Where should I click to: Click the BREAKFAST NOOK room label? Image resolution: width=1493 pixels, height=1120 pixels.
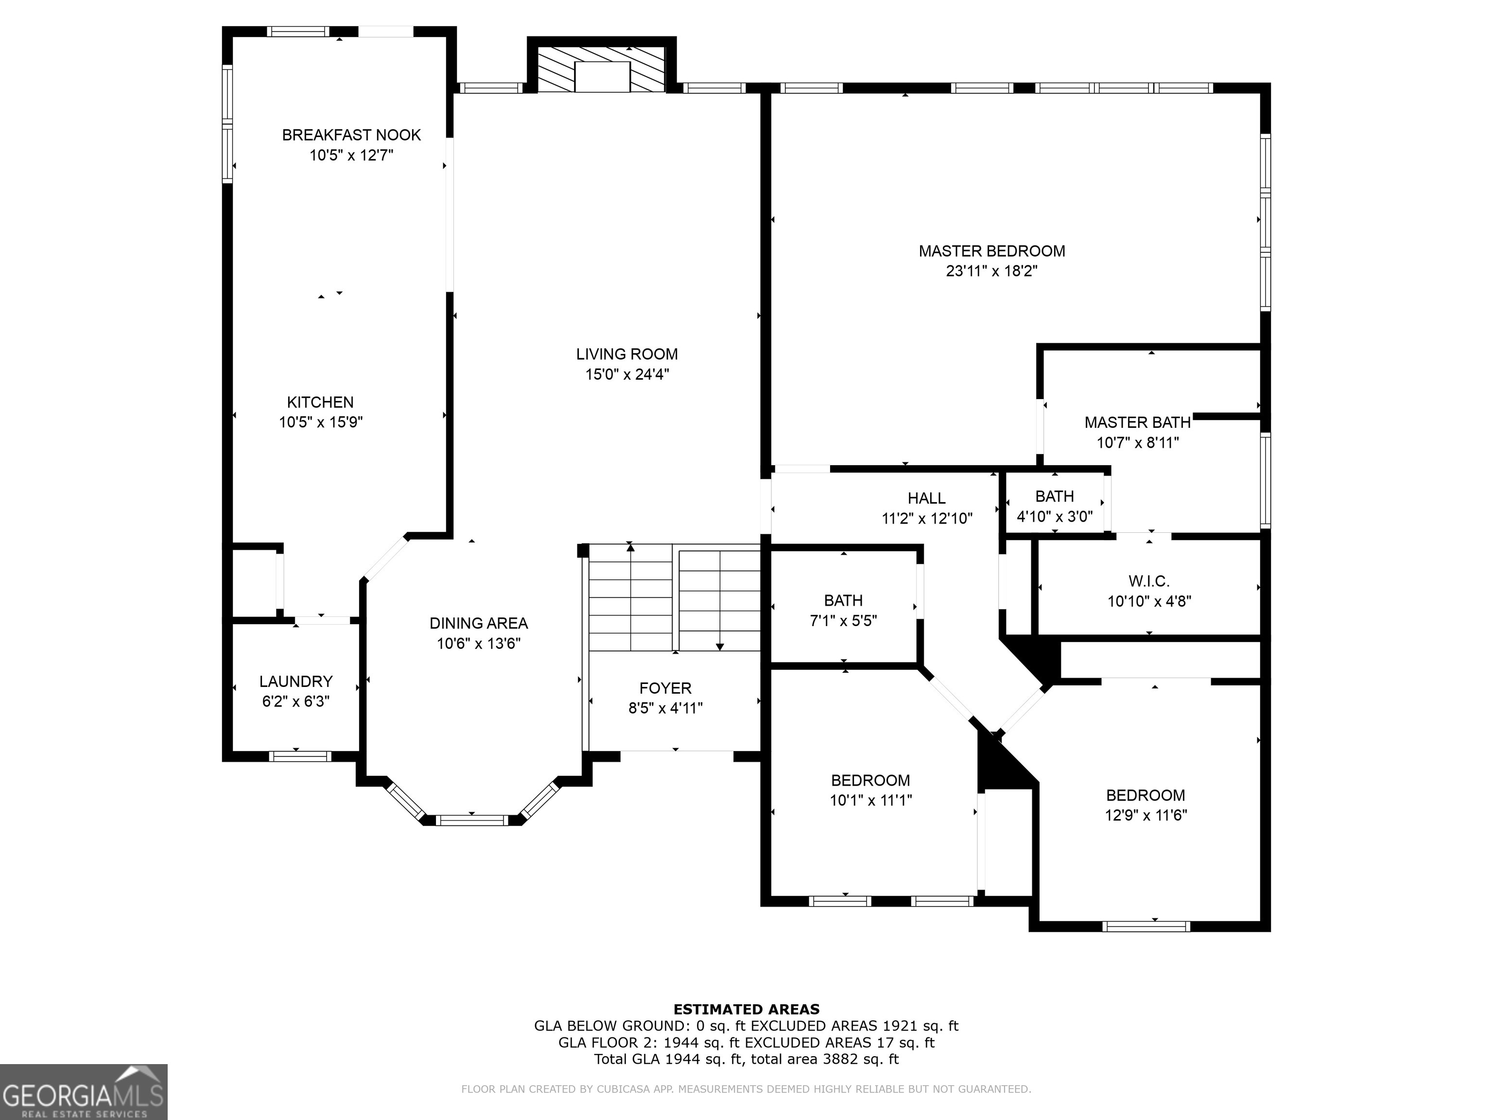[351, 135]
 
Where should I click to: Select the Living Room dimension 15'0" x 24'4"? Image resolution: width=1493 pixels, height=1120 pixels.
[626, 374]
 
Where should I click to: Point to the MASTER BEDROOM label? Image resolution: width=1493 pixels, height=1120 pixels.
[991, 251]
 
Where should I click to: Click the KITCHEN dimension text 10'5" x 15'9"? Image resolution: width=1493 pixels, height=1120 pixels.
[321, 422]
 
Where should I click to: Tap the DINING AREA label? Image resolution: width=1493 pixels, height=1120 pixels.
[479, 623]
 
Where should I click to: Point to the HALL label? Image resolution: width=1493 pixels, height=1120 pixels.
[926, 498]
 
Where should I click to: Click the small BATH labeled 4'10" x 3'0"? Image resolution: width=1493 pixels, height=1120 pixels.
[1054, 507]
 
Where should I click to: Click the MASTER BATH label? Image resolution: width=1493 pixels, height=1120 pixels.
[1137, 422]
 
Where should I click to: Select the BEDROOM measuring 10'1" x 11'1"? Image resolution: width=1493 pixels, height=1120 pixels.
[870, 790]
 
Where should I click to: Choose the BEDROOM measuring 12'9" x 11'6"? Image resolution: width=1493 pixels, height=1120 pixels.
[1145, 805]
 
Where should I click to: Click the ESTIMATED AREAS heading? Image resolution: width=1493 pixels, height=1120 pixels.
[746, 1009]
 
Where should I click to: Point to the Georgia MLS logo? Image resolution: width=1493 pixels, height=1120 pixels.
[84, 1092]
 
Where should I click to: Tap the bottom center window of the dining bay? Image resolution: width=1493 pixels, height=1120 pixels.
[471, 820]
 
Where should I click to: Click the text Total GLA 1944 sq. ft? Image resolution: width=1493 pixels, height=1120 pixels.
[669, 1059]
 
